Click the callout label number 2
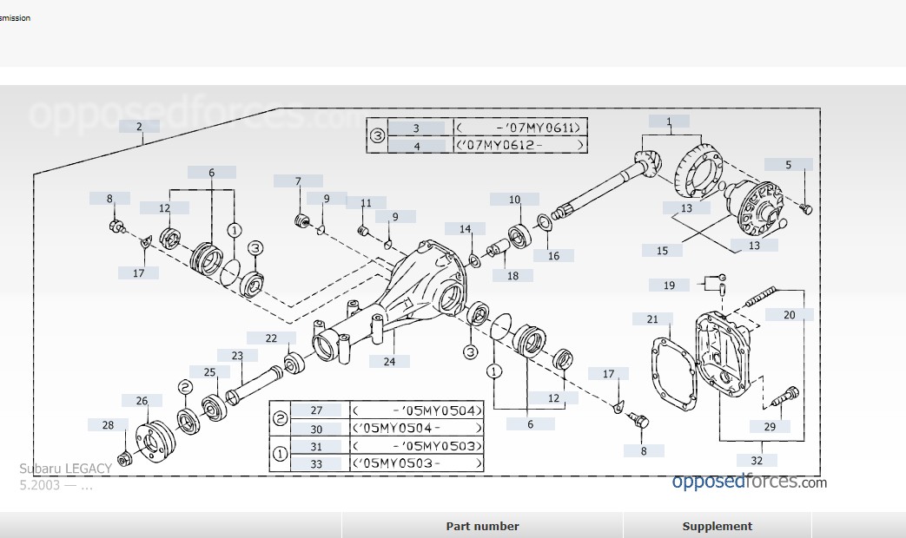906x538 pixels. point(139,126)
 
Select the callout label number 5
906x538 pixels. point(789,164)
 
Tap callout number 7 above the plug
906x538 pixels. point(298,181)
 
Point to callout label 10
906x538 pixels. point(514,200)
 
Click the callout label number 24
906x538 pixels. point(389,361)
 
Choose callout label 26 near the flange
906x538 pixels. point(142,400)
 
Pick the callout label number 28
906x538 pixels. point(108,425)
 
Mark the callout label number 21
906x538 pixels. point(652,319)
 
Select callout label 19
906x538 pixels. point(670,285)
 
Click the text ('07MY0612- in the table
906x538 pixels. point(518,145)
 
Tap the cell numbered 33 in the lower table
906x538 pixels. point(315,464)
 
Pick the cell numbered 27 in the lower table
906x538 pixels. point(315,410)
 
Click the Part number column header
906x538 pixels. point(482,526)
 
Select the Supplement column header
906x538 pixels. point(717,526)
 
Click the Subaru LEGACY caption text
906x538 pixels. point(65,469)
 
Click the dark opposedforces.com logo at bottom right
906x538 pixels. point(749,482)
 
